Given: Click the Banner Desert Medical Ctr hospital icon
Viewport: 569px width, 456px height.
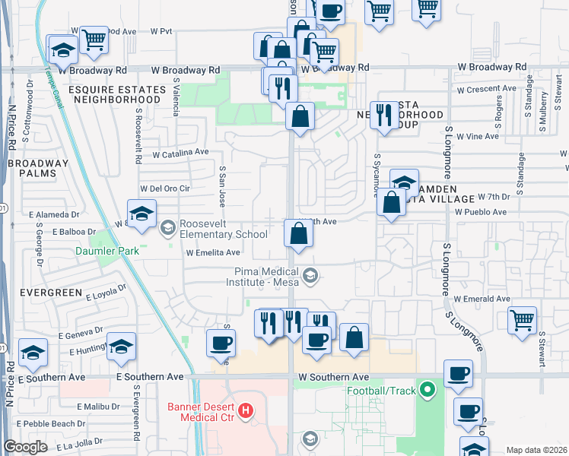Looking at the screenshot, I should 246,412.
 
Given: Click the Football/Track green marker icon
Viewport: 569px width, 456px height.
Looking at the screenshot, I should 428,391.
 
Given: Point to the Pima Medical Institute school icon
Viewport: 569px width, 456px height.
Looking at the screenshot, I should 310,276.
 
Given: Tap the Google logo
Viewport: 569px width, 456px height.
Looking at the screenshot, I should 26,447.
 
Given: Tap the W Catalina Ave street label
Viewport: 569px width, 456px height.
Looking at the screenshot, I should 180,153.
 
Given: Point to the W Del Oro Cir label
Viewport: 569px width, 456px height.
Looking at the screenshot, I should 164,188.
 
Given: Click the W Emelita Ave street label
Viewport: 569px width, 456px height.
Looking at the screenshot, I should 212,253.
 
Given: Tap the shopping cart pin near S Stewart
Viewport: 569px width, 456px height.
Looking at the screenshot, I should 522,320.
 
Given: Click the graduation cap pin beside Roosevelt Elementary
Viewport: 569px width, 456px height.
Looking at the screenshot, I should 141,215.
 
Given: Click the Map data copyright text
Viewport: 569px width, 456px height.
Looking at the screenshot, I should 536,450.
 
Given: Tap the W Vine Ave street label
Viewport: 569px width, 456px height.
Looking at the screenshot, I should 476,137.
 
